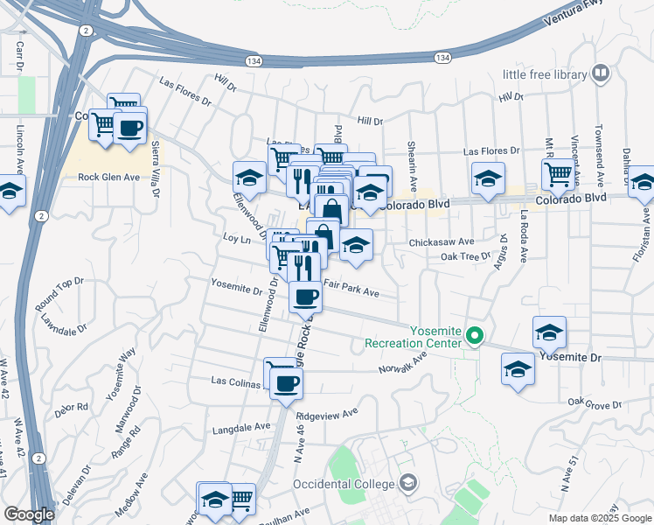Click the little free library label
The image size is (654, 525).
pyautogui.click(x=544, y=74)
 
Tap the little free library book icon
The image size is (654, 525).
pyautogui.click(x=601, y=73)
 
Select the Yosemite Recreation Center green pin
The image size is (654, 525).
pyautogui.click(x=475, y=335)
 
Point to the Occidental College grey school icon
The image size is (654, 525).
pyautogui.click(x=407, y=482)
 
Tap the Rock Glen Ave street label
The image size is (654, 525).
pyautogui.click(x=109, y=177)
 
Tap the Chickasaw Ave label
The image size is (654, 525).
pyautogui.click(x=442, y=241)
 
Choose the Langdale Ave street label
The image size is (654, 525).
pyautogui.click(x=242, y=428)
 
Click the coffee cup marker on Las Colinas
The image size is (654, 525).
pyautogui.click(x=286, y=383)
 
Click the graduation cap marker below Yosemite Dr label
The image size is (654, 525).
pyautogui.click(x=518, y=370)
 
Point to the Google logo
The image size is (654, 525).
pyautogui.click(x=29, y=514)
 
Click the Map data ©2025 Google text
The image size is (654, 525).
pyautogui.click(x=599, y=517)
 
